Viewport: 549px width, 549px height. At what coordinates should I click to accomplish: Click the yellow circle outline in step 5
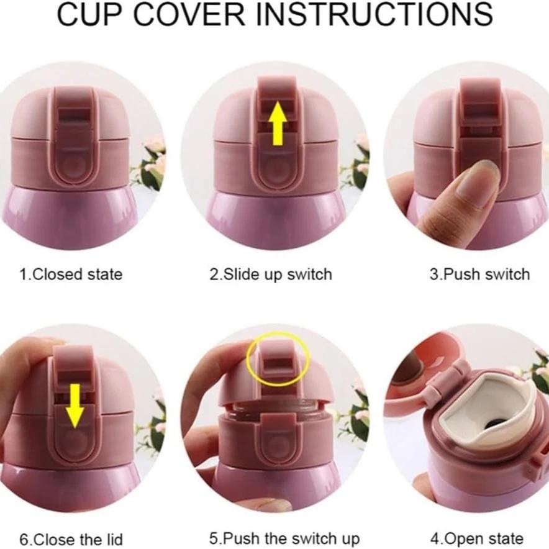277,359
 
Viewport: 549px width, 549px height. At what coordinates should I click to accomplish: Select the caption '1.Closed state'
71,274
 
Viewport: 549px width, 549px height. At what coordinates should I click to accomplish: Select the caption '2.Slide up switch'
270,274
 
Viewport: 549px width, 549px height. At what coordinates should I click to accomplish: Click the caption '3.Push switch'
480,274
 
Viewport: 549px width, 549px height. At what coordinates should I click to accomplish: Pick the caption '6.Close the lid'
71,538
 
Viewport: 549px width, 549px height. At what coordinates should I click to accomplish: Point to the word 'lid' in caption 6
112,538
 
